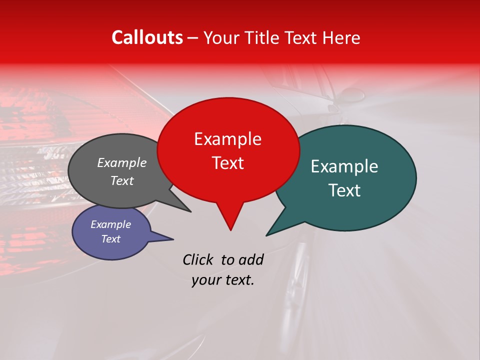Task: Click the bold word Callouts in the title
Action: tap(147, 37)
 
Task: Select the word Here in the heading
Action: tap(341, 37)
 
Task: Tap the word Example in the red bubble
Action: tap(227, 139)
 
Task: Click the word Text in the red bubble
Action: tap(227, 162)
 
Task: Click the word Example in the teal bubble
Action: tap(344, 166)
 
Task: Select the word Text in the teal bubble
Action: tap(344, 190)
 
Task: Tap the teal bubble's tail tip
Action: tap(267, 235)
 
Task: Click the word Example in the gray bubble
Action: tap(121, 162)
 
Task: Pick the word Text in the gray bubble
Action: tap(121, 180)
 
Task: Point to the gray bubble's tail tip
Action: tap(190, 211)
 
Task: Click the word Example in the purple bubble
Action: tap(110, 224)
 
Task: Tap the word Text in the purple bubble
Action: tap(110, 239)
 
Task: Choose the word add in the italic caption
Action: tap(251, 259)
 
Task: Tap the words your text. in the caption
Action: tap(223, 280)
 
